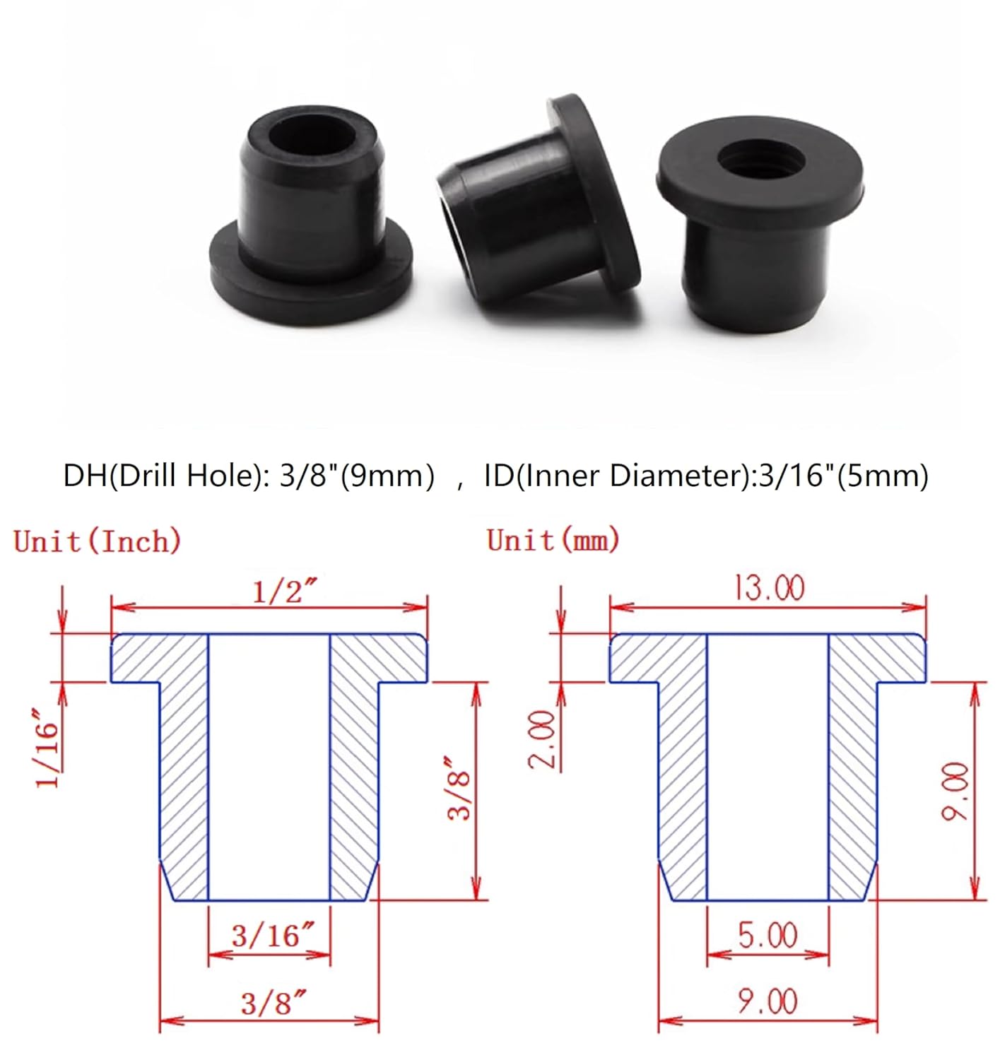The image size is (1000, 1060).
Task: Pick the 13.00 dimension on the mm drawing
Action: [x=769, y=588]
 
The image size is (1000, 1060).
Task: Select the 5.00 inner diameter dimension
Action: [x=767, y=935]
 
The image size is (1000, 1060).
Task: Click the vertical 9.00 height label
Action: [x=955, y=791]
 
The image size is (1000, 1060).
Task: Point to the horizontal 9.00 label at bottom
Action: [x=767, y=1001]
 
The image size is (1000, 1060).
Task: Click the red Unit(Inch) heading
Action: [x=98, y=541]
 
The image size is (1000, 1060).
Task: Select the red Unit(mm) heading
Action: [x=553, y=541]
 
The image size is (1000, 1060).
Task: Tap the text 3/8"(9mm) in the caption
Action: [x=357, y=476]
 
